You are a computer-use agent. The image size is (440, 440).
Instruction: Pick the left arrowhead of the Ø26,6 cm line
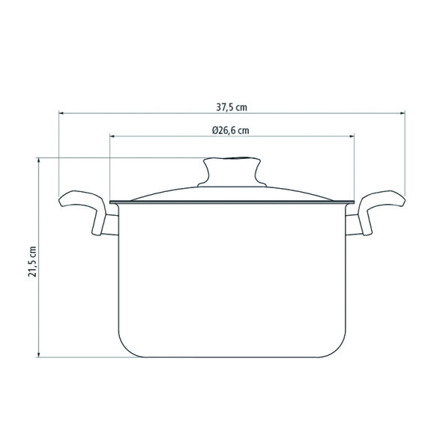tap(112, 136)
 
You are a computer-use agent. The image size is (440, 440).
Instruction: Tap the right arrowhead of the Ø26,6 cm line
tap(353, 136)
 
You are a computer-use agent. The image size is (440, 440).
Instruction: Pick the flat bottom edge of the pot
tap(232, 357)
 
